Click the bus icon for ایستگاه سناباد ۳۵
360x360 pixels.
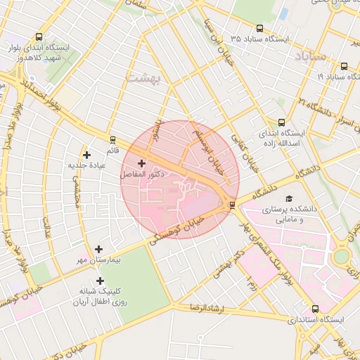[x=259, y=29]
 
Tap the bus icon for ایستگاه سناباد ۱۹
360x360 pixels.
[x=343, y=66]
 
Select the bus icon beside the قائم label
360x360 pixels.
[x=112, y=140]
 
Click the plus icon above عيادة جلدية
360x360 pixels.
[x=86, y=155]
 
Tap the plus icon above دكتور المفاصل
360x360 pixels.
[x=142, y=163]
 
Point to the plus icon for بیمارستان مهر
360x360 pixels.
[x=98, y=249]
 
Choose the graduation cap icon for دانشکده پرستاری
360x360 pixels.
[x=288, y=199]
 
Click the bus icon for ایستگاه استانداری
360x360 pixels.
[x=314, y=309]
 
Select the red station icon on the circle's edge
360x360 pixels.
[x=232, y=205]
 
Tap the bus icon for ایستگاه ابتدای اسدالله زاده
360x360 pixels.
[x=281, y=122]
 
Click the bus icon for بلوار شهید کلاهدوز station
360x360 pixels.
[x=38, y=37]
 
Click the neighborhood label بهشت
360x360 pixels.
[x=143, y=77]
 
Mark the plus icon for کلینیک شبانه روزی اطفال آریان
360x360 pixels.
[x=100, y=281]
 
